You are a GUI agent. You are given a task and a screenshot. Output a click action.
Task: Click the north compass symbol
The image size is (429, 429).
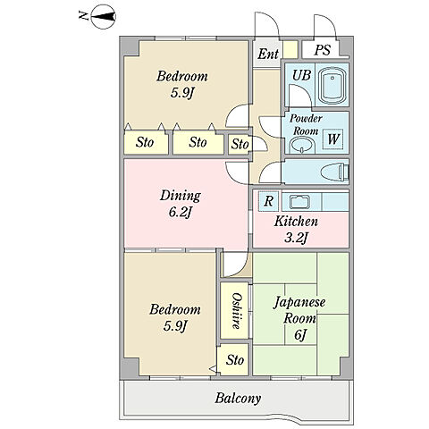pos(103,17)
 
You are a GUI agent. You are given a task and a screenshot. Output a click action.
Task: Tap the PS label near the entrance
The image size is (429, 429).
pos(323,50)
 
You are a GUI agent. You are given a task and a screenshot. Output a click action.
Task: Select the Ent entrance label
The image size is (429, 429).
pos(268,54)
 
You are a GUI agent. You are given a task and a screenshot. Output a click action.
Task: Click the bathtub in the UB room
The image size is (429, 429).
pos(332,85)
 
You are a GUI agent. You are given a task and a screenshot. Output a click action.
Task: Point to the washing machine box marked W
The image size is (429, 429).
pos(333,139)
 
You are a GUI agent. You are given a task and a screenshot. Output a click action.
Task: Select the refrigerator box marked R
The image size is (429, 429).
pos(268,201)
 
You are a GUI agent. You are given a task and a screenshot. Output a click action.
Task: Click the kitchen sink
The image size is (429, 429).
pos(300,202)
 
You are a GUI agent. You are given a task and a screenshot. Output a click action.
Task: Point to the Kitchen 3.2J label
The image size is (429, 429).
pos(296,229)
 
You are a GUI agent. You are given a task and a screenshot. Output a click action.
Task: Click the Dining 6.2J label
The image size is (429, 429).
pos(181,204)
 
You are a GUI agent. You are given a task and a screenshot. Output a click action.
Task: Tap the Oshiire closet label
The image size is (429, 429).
pos(236,311)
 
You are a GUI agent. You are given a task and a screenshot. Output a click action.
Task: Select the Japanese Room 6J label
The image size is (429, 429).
pos(299,318)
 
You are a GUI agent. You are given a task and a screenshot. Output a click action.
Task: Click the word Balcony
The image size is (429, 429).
pos(238,398)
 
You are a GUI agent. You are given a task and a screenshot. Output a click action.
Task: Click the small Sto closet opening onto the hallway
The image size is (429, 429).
pos(239,144)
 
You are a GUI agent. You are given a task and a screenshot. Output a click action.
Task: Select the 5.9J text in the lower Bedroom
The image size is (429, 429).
pos(175,326)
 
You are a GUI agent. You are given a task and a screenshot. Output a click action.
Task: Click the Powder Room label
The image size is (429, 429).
pos(306,124)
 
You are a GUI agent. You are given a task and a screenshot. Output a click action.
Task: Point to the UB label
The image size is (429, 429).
pos(301,75)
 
